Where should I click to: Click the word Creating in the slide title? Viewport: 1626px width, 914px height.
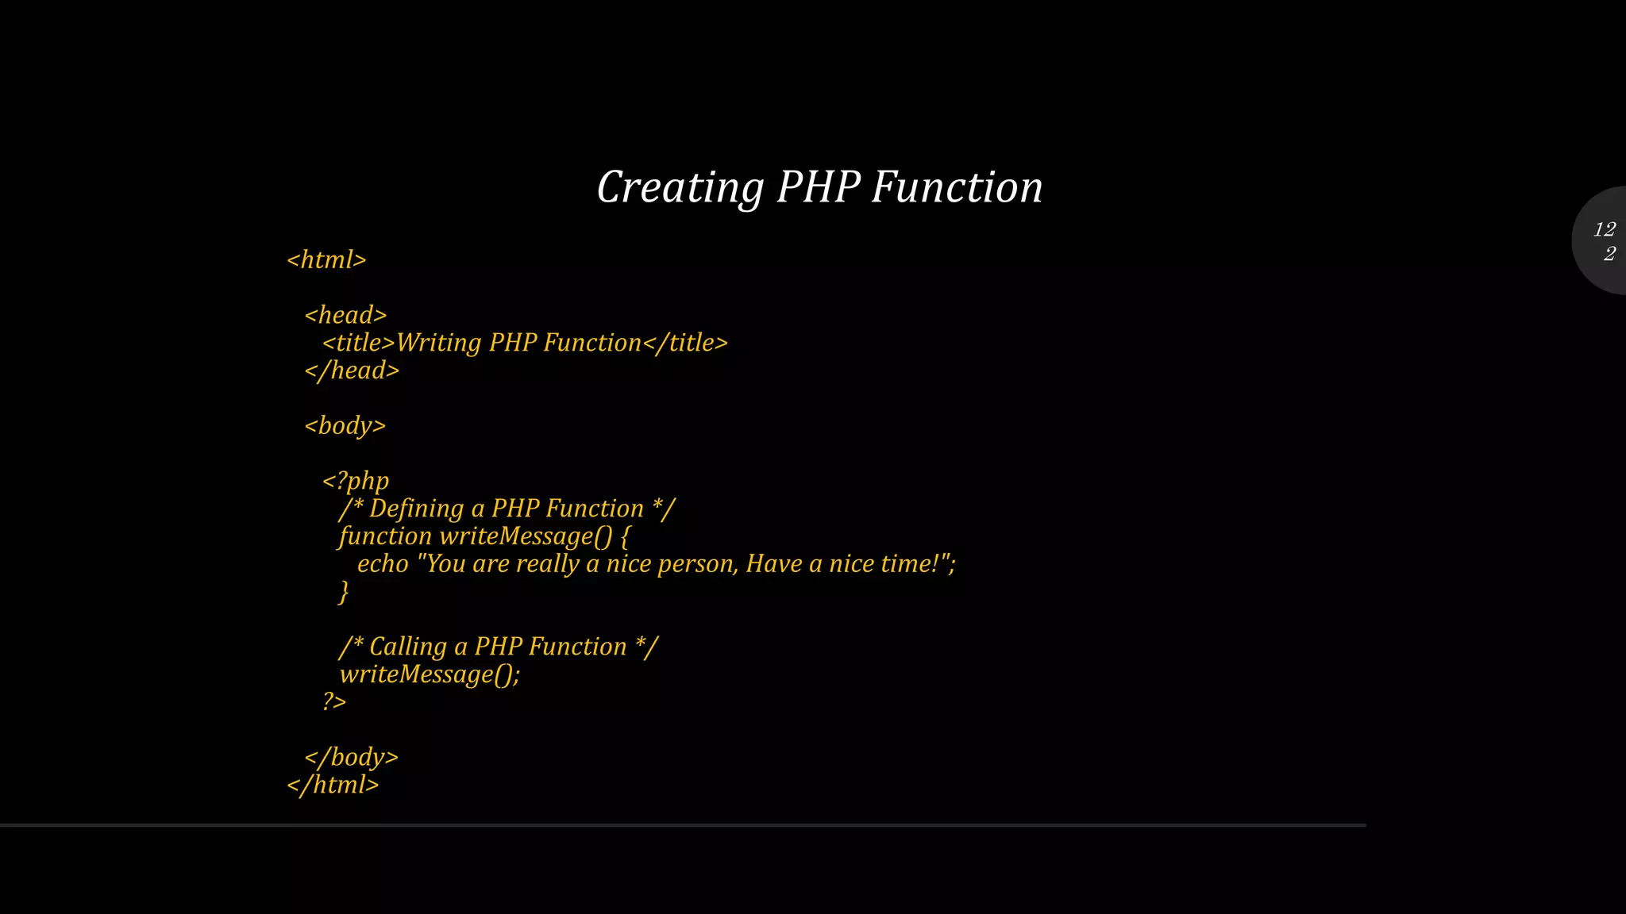(x=680, y=188)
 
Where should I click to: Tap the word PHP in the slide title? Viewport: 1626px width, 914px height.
(x=819, y=188)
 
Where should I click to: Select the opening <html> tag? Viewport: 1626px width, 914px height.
(x=326, y=260)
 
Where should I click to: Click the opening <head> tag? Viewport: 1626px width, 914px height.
(x=345, y=316)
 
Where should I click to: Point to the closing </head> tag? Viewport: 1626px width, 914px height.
(x=352, y=371)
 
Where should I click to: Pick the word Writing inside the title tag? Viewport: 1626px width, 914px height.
(x=438, y=343)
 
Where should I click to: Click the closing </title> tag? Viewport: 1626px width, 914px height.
(x=684, y=343)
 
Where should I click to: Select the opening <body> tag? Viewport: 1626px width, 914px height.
(x=345, y=426)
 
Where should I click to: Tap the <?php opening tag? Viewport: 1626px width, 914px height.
(x=356, y=481)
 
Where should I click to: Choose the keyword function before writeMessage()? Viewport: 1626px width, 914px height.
(x=385, y=536)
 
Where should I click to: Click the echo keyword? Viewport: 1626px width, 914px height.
(x=383, y=564)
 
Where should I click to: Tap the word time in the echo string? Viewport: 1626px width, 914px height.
(x=910, y=564)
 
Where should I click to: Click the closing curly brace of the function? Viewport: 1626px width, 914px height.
(x=344, y=592)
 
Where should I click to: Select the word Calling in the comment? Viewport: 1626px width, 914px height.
(x=408, y=647)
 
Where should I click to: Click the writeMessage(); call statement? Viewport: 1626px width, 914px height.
(x=430, y=674)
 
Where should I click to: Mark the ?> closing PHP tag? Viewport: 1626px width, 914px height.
(x=334, y=701)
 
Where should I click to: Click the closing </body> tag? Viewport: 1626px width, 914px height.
(x=351, y=757)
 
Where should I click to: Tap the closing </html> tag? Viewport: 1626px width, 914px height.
(x=333, y=785)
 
